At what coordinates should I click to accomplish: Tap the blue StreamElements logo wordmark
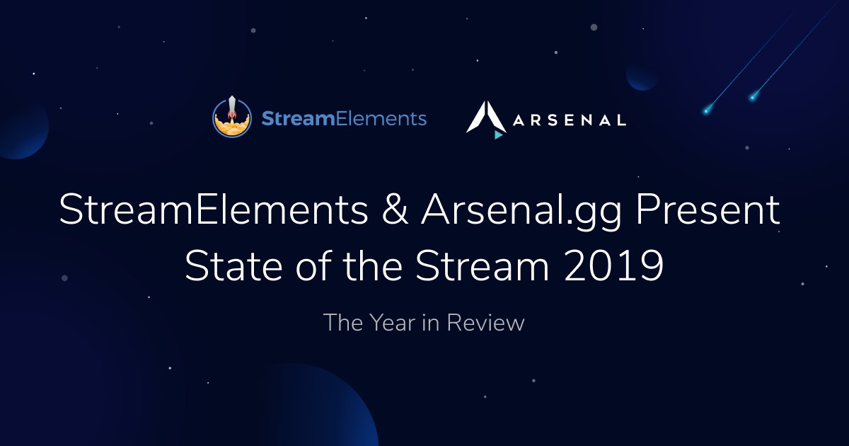[344, 118]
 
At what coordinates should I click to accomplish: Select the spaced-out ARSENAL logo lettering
[570, 120]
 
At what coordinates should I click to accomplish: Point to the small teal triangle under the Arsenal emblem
[498, 135]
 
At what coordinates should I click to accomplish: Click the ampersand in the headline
[395, 210]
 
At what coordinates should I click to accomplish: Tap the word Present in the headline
[707, 210]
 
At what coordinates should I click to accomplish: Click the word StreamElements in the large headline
[214, 210]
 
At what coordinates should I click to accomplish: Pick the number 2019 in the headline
[613, 265]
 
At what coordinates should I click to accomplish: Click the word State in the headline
[233, 265]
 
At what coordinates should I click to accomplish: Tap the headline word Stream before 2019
[482, 265]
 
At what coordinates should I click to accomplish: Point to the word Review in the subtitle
[485, 323]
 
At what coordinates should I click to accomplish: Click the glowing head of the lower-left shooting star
[706, 111]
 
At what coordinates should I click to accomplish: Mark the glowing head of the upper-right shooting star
[752, 98]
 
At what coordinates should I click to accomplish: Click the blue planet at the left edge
[23, 130]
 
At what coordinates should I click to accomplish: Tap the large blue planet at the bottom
[322, 406]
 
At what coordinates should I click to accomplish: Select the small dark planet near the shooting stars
[642, 76]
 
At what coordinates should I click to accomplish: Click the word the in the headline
[373, 265]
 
